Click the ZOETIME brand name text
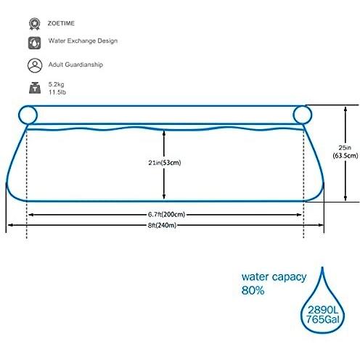61,23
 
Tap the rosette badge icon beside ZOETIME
35,24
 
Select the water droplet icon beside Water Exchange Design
34,43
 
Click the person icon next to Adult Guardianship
35,65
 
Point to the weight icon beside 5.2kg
35,88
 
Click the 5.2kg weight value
56,84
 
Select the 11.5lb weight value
57,92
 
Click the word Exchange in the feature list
81,41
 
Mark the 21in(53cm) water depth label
165,163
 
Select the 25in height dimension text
345,147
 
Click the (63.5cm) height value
345,155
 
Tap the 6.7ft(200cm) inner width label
166,214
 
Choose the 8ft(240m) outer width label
162,225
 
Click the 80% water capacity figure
253,290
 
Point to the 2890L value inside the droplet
323,310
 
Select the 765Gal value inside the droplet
323,319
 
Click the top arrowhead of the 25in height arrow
345,108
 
